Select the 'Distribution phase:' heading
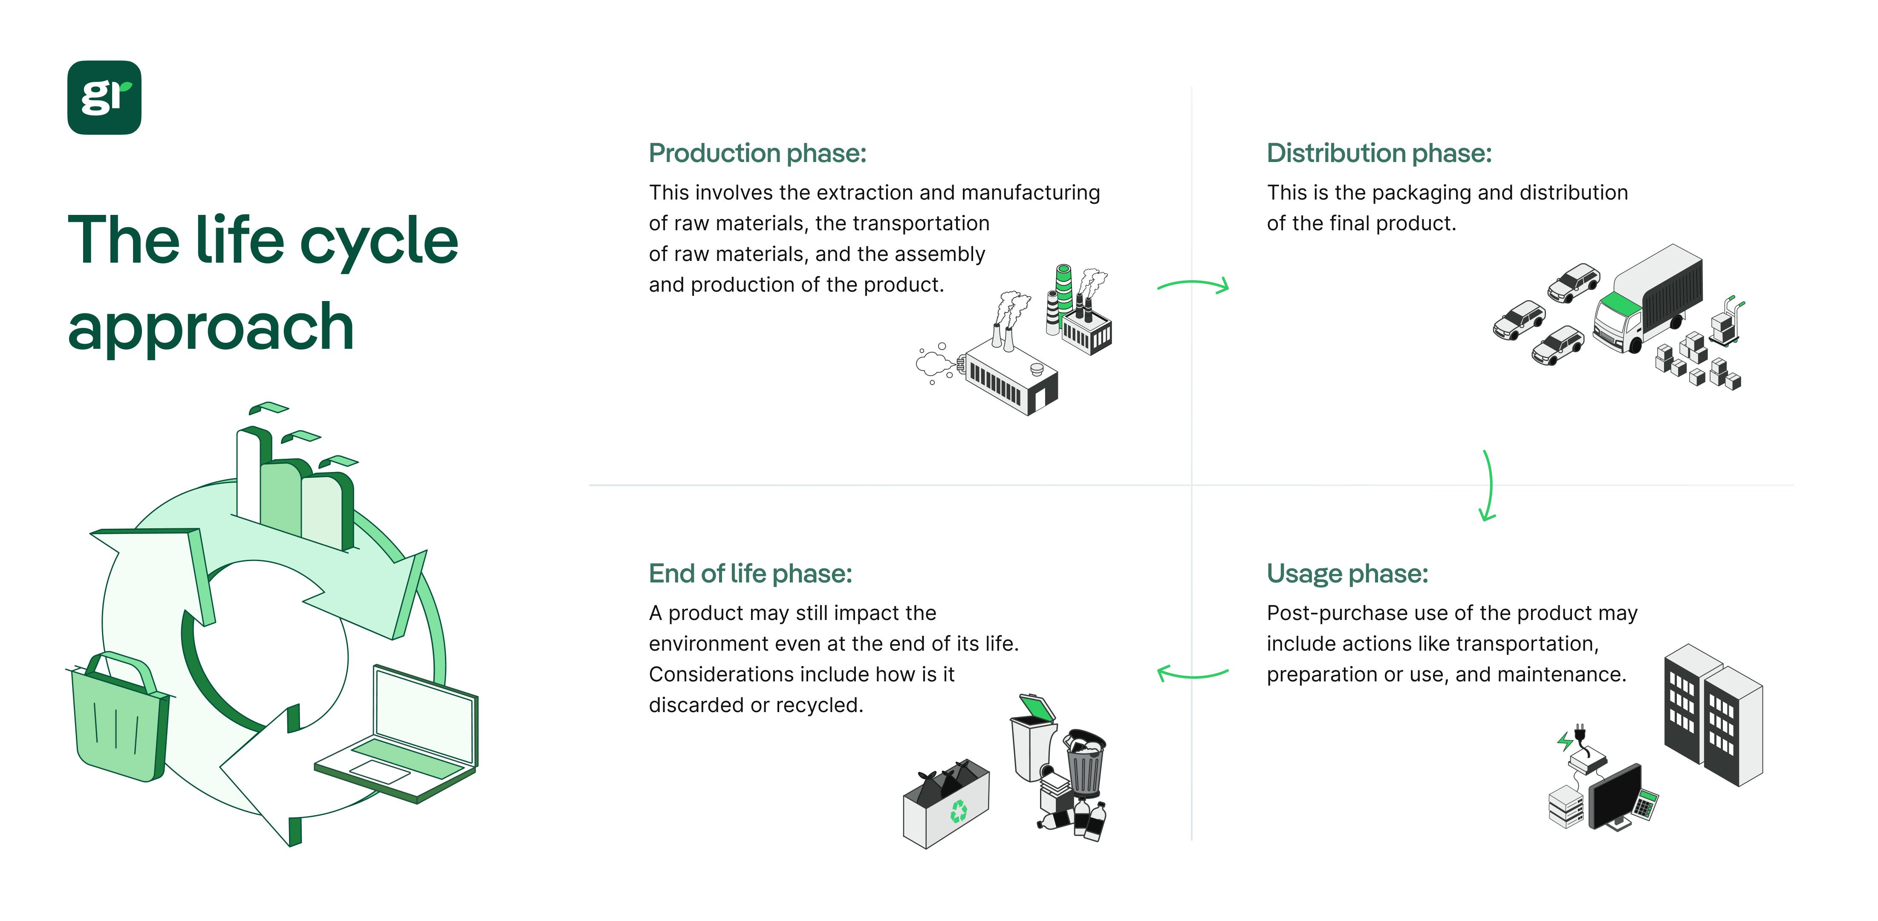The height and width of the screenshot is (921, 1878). pyautogui.click(x=1378, y=153)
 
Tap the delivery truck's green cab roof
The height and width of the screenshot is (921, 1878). pyautogui.click(x=1616, y=303)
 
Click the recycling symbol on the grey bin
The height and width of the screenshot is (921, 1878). pyautogui.click(x=958, y=810)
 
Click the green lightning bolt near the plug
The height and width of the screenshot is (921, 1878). pyautogui.click(x=1564, y=741)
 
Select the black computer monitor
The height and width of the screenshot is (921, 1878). pyautogui.click(x=1615, y=795)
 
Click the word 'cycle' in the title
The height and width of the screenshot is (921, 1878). pyautogui.click(x=378, y=241)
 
